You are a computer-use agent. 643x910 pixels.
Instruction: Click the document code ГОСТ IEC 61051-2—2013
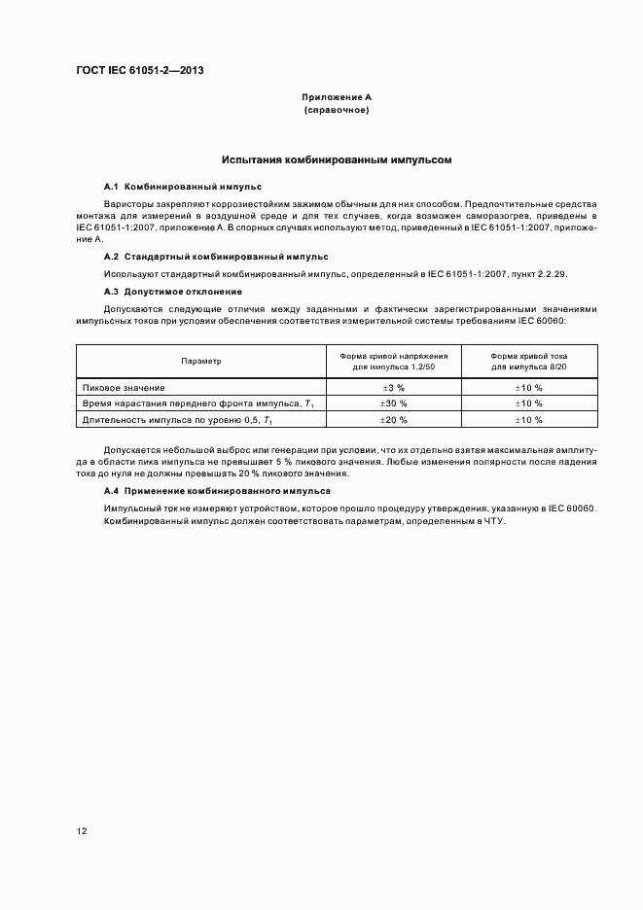(x=139, y=70)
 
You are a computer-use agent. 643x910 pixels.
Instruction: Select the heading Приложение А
(x=337, y=98)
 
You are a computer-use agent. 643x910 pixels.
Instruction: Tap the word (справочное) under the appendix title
(x=337, y=111)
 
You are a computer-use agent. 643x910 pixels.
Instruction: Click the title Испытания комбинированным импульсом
(x=337, y=158)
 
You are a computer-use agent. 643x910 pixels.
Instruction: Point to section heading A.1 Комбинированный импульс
(x=183, y=185)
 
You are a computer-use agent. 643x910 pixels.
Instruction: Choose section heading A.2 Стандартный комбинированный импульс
(x=216, y=257)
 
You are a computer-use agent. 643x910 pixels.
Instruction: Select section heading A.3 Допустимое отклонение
(x=173, y=292)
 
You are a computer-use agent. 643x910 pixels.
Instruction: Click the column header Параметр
(x=201, y=361)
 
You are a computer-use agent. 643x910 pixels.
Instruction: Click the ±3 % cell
(x=393, y=387)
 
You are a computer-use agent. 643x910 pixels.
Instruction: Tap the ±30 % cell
(x=393, y=402)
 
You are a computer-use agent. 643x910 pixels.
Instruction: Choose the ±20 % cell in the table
(x=393, y=419)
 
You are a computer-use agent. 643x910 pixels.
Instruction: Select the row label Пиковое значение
(x=124, y=387)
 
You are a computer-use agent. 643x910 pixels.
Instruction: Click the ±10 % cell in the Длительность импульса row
(x=529, y=419)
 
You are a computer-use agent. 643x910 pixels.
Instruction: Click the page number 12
(x=82, y=831)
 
